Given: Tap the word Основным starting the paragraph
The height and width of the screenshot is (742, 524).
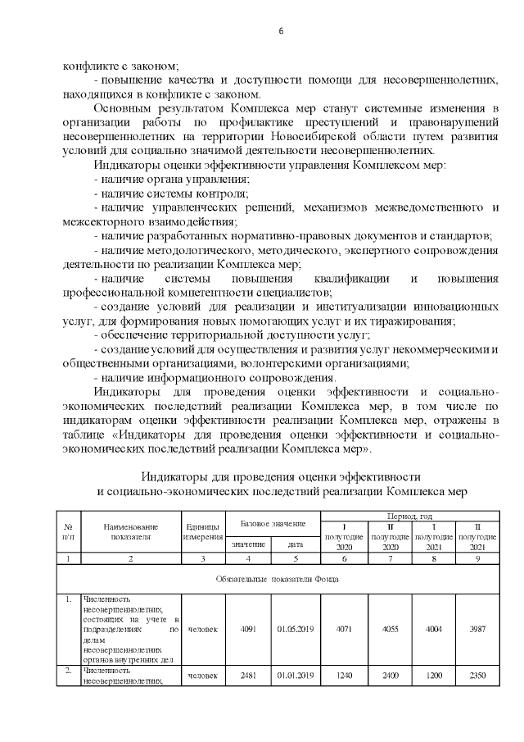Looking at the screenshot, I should coord(123,108).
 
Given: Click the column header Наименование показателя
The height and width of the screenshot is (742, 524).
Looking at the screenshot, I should coord(130,532).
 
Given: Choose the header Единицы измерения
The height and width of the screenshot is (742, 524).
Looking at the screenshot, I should coord(203,532).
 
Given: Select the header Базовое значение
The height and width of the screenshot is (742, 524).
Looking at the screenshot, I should coord(273,523).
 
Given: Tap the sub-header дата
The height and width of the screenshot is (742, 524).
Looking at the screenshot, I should coord(296,544).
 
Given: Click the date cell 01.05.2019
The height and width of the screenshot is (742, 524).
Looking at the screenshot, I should coord(296,630).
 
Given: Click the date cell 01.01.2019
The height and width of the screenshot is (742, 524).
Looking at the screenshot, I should coord(296,676).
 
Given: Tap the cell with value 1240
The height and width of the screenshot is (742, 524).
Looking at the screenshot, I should coord(344,676).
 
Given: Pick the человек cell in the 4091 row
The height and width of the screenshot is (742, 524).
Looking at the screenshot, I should coord(203,630).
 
